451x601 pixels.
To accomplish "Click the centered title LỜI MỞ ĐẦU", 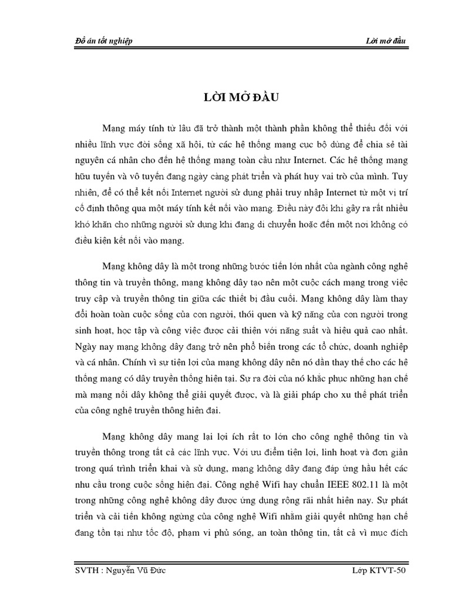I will pos(225,97).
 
